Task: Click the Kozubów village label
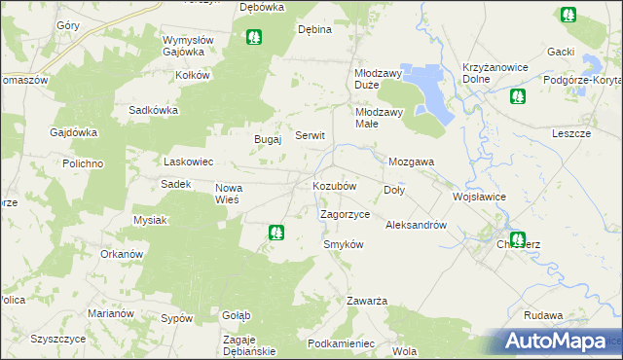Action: point(334,185)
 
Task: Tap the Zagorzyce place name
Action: point(345,214)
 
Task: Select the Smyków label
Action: point(343,244)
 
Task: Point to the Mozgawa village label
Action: point(411,162)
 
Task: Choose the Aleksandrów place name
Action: point(416,225)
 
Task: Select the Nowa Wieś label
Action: point(234,192)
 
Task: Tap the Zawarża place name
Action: point(368,301)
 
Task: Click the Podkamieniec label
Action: point(341,343)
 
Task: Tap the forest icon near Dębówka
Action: point(254,38)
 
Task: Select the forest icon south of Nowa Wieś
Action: point(277,233)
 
